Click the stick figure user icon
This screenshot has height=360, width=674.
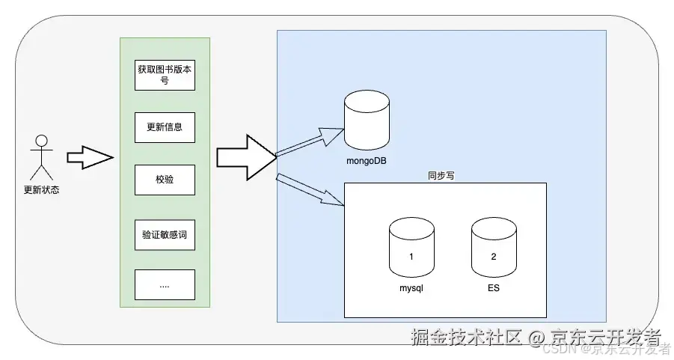coord(41,156)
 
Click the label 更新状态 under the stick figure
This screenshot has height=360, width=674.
coord(41,189)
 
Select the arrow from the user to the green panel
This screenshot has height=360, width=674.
coord(89,157)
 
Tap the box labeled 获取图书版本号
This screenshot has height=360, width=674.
coord(165,75)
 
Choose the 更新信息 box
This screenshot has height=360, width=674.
coord(165,127)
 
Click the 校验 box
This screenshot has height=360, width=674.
coord(165,180)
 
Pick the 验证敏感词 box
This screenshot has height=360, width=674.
coord(165,233)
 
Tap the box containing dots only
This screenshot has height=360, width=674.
coord(165,284)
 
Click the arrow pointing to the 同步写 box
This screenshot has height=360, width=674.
coord(309,189)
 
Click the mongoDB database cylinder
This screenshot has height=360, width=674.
coord(366,122)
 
